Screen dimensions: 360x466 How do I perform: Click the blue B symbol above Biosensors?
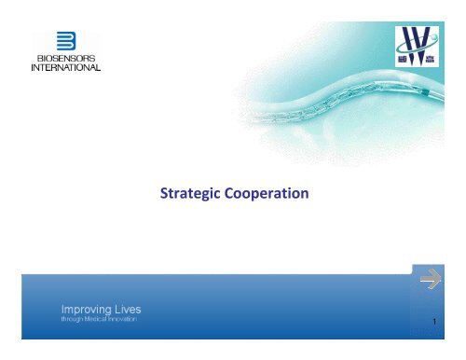tap(66, 42)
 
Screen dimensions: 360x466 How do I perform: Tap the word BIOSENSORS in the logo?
tap(66, 59)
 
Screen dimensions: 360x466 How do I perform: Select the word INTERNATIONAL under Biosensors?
tap(66, 69)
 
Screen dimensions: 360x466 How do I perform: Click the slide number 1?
tap(434, 322)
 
